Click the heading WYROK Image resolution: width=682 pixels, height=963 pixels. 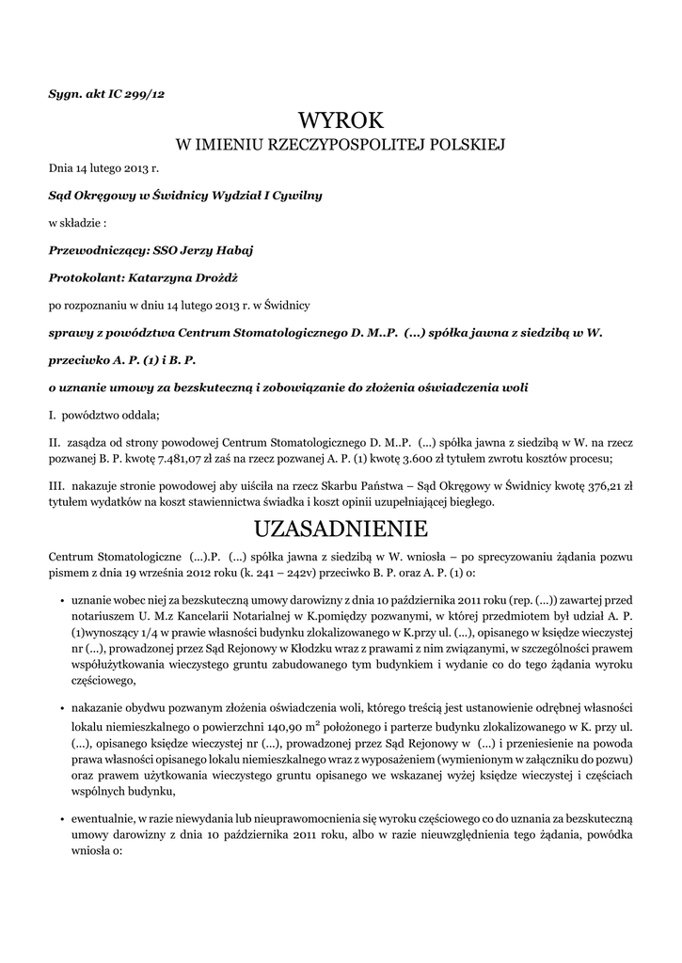click(341, 120)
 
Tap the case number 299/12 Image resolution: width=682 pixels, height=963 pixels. click(145, 93)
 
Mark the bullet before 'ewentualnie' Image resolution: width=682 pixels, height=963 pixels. click(61, 819)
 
